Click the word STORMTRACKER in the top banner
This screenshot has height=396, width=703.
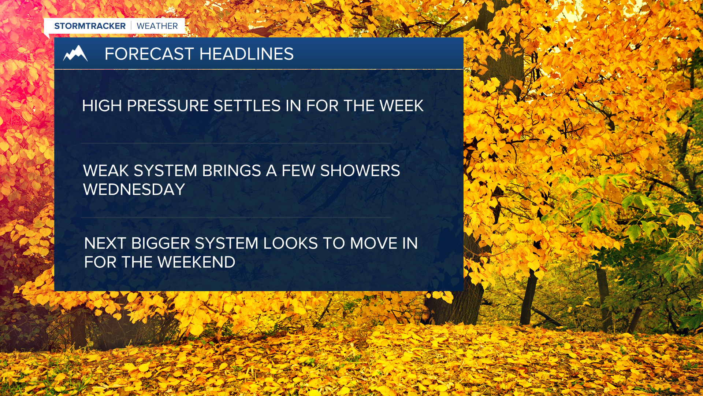point(90,26)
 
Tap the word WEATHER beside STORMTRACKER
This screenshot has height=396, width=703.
point(157,26)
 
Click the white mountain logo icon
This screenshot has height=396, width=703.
point(75,54)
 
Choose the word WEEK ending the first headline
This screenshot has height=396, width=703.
point(401,106)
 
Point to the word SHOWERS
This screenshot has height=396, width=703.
point(360,171)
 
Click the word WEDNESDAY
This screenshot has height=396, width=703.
point(134,190)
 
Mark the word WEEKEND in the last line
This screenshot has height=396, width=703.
point(196,262)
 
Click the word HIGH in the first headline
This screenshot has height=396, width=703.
point(102,106)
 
